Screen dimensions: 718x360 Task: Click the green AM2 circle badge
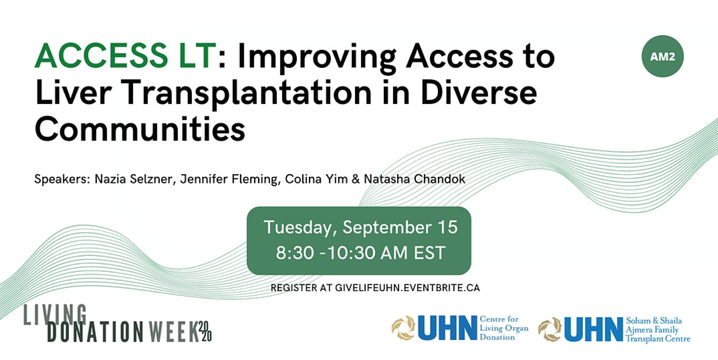pos(662,56)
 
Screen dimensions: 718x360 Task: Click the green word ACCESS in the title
pos(101,56)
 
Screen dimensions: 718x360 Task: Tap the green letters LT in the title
pos(198,56)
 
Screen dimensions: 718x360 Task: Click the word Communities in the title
pos(140,129)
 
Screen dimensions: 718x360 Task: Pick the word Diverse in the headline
pos(478,92)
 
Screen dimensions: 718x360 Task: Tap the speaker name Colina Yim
pos(316,178)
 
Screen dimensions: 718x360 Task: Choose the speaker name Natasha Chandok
pos(415,178)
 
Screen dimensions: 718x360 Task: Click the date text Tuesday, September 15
pos(361,228)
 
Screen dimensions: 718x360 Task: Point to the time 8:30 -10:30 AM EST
pos(361,253)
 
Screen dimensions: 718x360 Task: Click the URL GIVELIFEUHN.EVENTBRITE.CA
pos(408,288)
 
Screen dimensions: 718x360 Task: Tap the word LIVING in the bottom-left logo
pos(55,314)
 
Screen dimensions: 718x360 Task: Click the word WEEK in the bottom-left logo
pos(173,331)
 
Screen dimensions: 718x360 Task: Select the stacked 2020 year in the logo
pos(205,331)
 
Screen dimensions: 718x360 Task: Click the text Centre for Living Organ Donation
pos(504,328)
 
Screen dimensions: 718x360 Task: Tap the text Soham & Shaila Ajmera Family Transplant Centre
pos(658,329)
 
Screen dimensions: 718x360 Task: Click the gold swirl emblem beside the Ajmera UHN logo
pos(550,329)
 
